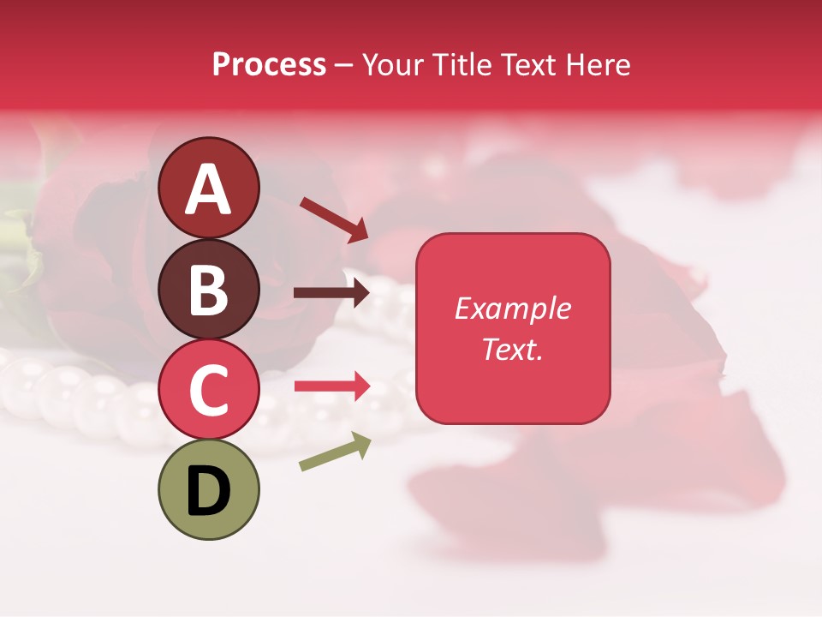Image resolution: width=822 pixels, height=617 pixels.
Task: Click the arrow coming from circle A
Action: pyautogui.click(x=334, y=219)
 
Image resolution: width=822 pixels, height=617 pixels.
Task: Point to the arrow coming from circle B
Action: pyautogui.click(x=332, y=293)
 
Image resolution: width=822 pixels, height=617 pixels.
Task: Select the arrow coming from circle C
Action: pyautogui.click(x=332, y=386)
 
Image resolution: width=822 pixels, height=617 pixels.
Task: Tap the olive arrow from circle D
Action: pyautogui.click(x=335, y=452)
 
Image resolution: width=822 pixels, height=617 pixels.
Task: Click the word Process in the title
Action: pyautogui.click(x=269, y=65)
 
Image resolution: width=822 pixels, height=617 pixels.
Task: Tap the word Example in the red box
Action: pyautogui.click(x=512, y=308)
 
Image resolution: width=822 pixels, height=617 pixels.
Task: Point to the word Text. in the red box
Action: pyautogui.click(x=512, y=349)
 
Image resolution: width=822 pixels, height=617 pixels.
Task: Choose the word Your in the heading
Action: pyautogui.click(x=394, y=65)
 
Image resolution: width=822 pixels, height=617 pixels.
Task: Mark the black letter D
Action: pyautogui.click(x=208, y=491)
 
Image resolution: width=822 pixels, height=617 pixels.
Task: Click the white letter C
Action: pyautogui.click(x=208, y=390)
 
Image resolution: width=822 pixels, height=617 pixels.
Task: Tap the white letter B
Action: pyautogui.click(x=208, y=290)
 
